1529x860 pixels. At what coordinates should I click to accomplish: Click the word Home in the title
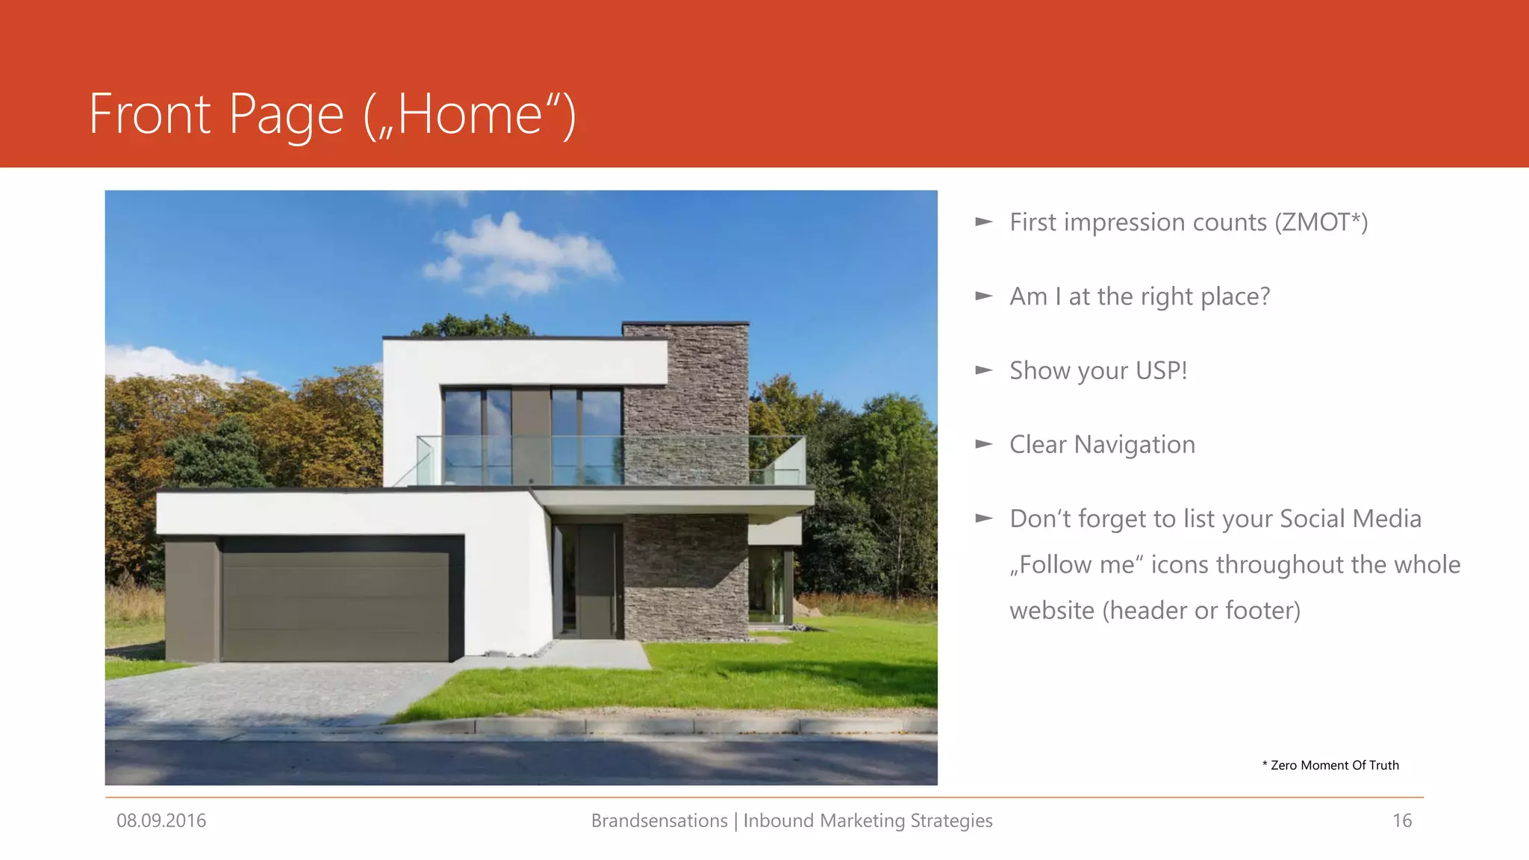point(470,115)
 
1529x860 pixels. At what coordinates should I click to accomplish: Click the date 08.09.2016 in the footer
point(161,820)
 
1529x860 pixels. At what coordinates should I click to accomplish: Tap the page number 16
point(1401,820)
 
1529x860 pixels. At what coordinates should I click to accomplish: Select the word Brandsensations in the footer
point(658,820)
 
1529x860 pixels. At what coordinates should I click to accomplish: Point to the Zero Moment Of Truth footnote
point(1330,765)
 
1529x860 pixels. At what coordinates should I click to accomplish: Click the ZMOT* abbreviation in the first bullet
point(1319,222)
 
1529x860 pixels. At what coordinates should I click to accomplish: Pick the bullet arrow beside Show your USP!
point(984,370)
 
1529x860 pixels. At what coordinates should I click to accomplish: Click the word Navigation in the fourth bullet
point(1134,445)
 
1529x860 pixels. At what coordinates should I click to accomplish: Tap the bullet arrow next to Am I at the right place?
point(984,296)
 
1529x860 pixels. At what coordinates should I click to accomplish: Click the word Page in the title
point(286,115)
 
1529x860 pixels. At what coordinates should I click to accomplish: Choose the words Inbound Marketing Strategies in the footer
point(868,820)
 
